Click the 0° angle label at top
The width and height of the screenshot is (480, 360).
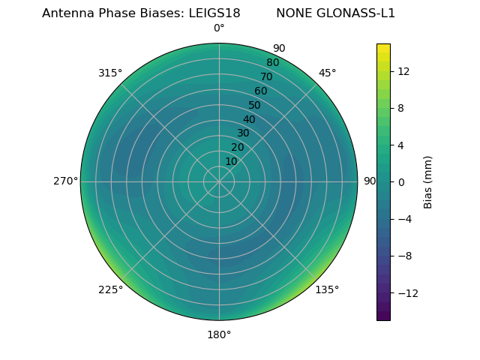point(219,28)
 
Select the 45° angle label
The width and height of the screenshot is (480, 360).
point(327,73)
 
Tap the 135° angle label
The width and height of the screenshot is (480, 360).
point(327,289)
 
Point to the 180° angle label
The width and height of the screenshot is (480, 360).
point(219,334)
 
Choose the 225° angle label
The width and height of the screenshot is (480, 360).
point(110,289)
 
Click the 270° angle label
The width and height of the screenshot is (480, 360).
point(65,181)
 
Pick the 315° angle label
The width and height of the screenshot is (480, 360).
point(110,73)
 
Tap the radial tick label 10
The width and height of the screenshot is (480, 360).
point(231,161)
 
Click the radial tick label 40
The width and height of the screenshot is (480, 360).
point(249,119)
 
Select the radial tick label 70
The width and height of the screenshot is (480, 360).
point(266,76)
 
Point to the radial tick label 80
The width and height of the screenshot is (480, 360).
point(272,62)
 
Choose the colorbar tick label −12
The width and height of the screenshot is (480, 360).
point(405,292)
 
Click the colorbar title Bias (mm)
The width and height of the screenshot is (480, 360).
point(428,181)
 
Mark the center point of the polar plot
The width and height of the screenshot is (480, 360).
point(219,181)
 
